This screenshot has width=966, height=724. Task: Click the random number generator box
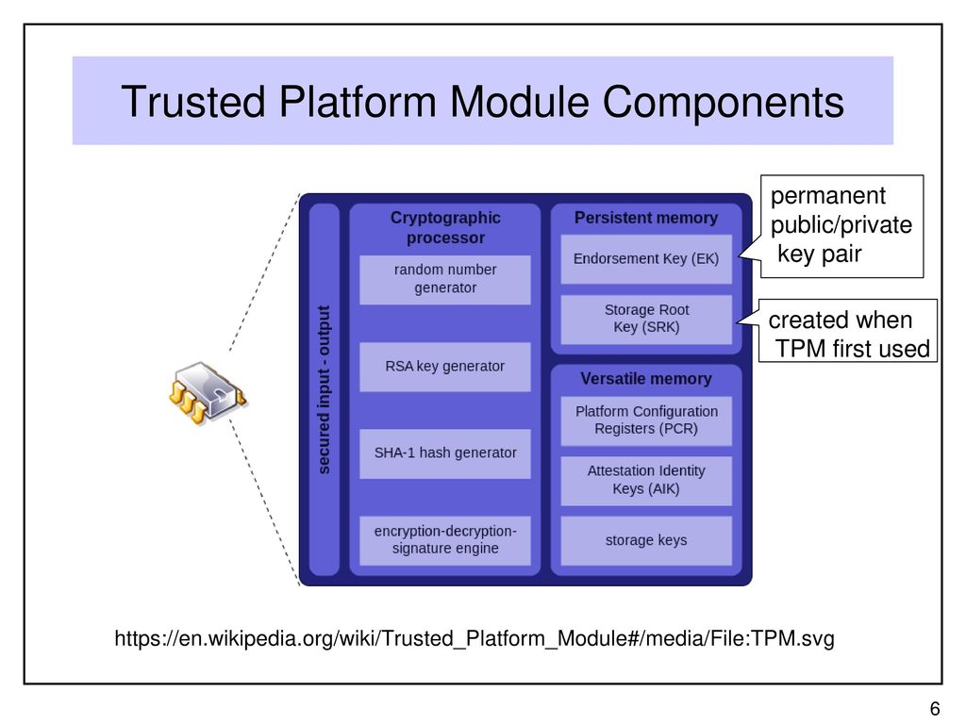click(445, 279)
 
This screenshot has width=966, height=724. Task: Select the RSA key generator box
click(445, 367)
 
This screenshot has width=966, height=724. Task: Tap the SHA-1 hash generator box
click(445, 453)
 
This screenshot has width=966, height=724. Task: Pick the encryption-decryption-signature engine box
click(445, 540)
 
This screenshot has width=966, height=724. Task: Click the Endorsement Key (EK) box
click(646, 259)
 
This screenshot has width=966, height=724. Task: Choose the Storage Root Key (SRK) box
click(646, 319)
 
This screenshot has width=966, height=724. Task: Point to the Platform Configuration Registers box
click(646, 420)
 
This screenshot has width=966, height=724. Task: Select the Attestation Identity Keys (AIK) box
click(646, 481)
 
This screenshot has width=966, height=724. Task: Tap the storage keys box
click(646, 540)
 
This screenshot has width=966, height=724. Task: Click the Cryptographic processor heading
click(445, 228)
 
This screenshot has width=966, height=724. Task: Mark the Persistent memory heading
click(646, 218)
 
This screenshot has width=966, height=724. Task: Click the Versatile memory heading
click(646, 379)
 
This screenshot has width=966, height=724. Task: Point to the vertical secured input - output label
click(325, 389)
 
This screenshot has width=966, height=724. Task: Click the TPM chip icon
click(208, 393)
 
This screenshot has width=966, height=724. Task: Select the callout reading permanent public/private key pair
click(841, 226)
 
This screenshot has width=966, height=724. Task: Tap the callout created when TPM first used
click(847, 331)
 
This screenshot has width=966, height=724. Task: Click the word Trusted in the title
click(193, 102)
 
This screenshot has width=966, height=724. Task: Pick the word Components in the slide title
click(724, 102)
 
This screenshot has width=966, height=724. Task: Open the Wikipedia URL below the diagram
click(475, 638)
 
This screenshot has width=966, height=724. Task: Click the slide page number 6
click(935, 709)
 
